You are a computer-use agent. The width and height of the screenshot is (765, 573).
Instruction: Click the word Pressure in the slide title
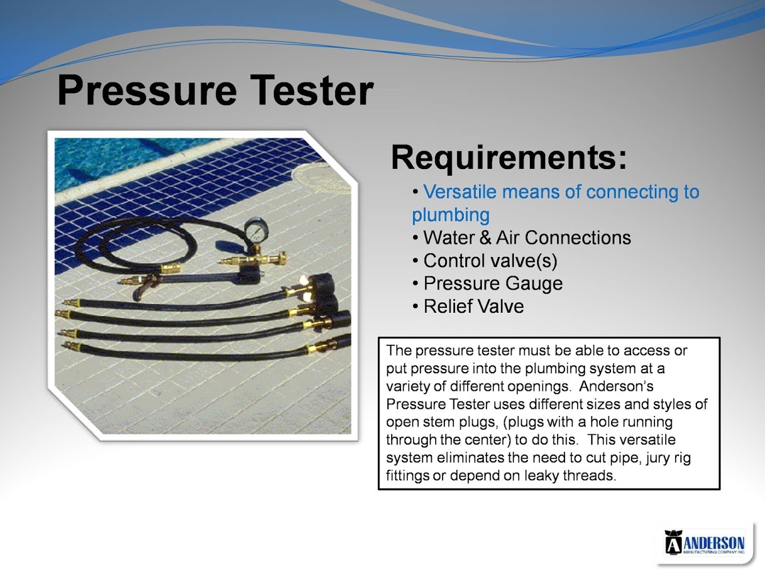coord(147,90)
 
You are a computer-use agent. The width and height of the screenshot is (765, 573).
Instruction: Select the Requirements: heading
coord(509,158)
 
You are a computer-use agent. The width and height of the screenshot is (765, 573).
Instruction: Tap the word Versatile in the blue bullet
coord(460,192)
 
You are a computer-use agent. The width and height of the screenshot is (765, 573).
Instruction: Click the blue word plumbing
coord(450,215)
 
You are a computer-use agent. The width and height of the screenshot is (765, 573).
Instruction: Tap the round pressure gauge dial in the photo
coord(256,230)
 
